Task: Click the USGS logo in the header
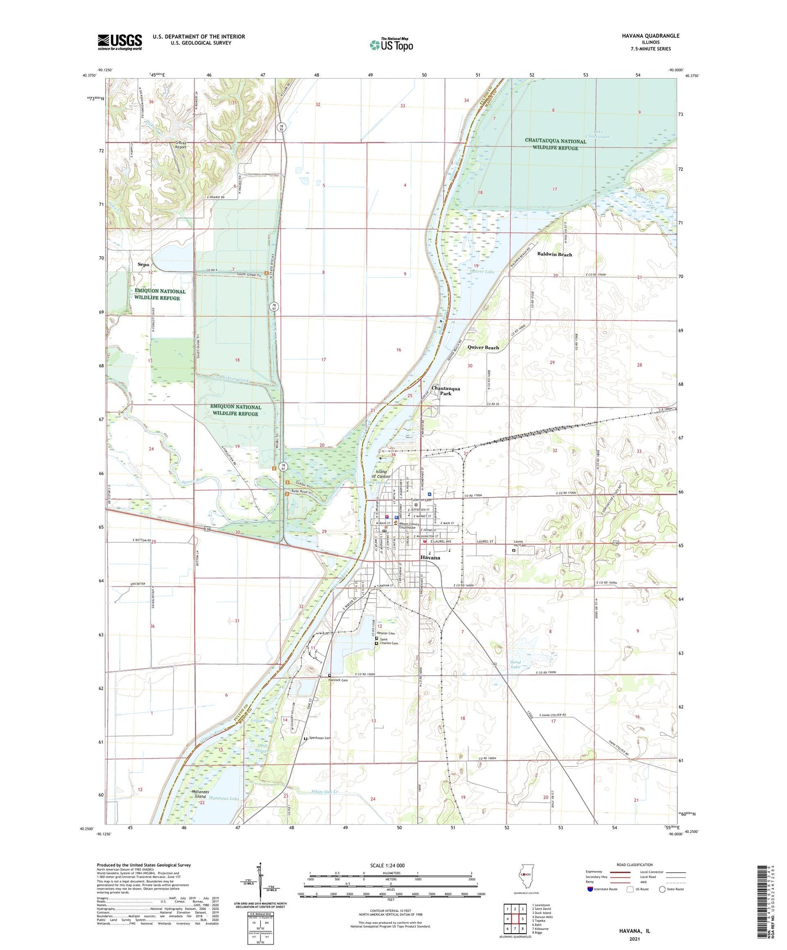pyautogui.click(x=120, y=42)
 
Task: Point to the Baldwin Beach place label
pyautogui.click(x=554, y=254)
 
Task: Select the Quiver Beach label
pyautogui.click(x=483, y=347)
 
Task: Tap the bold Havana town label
pyautogui.click(x=430, y=558)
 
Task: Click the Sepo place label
pyautogui.click(x=143, y=264)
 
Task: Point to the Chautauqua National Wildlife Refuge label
pyautogui.click(x=555, y=144)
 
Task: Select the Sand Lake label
pyautogui.click(x=515, y=664)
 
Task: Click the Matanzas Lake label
pyautogui.click(x=226, y=799)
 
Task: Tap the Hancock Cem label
pyautogui.click(x=338, y=680)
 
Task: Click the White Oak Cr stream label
pyautogui.click(x=325, y=792)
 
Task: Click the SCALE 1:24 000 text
pyautogui.click(x=387, y=865)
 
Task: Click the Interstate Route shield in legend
pyautogui.click(x=590, y=889)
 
